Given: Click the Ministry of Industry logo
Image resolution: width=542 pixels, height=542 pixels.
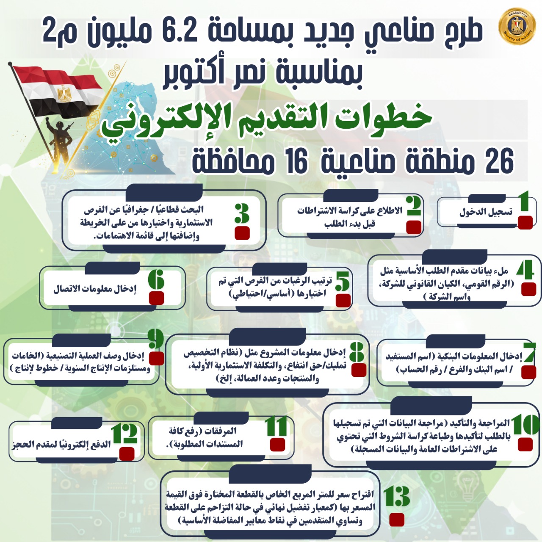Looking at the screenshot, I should (x=517, y=26).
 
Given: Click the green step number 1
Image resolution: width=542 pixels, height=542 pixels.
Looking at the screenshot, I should (x=524, y=201).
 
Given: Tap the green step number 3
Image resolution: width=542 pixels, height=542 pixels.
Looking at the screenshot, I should (x=242, y=213).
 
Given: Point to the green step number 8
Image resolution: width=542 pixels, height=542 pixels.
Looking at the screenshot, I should (x=357, y=351).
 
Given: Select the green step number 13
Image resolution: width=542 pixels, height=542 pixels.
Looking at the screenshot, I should (x=396, y=497).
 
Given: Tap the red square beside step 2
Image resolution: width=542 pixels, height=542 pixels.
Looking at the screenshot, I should (x=414, y=227).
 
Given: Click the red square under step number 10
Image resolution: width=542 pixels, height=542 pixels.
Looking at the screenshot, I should (x=525, y=444).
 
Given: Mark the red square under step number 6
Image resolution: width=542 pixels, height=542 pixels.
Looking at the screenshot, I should (x=157, y=298).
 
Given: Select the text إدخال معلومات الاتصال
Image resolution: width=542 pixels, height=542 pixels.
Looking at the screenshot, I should (x=95, y=289).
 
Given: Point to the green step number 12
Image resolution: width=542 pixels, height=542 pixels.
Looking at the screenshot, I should (x=124, y=433).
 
